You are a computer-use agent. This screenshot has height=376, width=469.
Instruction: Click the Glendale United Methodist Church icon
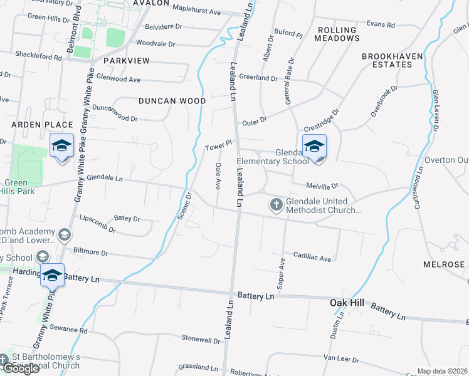point(276,204)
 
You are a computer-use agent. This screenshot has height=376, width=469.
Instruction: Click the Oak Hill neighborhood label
point(347,303)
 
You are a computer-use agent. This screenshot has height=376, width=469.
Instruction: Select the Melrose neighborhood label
point(443,264)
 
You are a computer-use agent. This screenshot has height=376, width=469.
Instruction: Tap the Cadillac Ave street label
point(312,258)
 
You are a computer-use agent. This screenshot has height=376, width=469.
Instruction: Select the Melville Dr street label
point(322,185)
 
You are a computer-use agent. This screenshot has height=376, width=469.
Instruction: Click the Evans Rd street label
point(381,25)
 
